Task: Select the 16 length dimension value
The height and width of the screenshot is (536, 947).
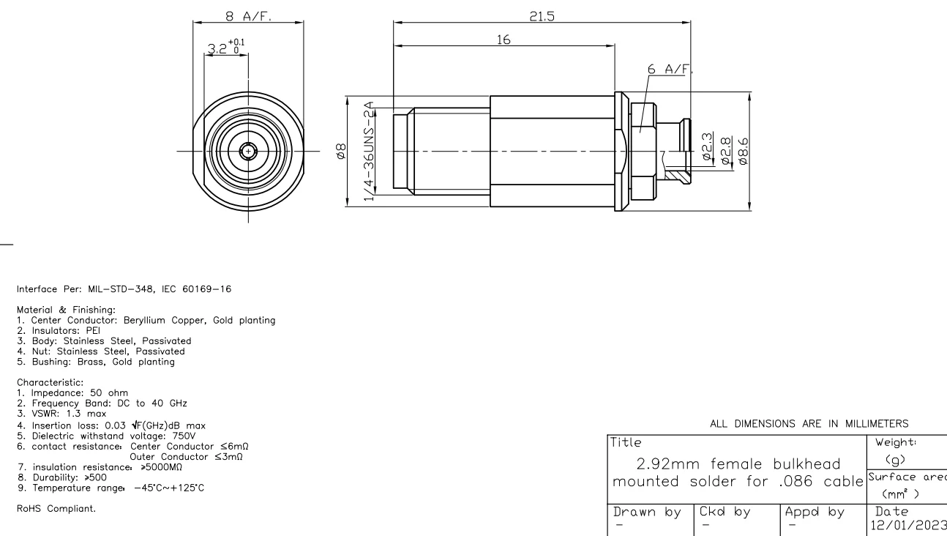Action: [504, 40]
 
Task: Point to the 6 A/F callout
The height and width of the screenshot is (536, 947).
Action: [669, 68]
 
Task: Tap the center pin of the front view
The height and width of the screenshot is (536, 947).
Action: [249, 152]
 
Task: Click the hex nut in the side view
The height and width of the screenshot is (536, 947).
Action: [641, 152]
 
